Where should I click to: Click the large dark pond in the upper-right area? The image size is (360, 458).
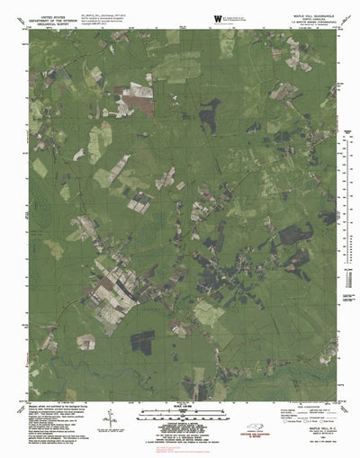click(211, 112)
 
